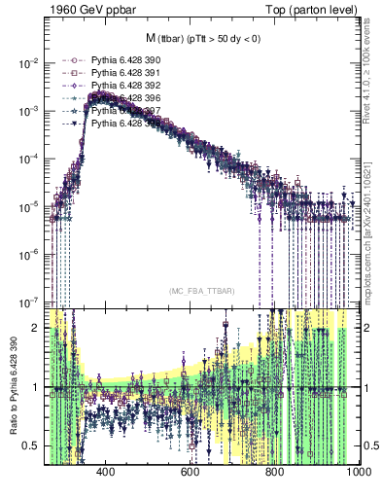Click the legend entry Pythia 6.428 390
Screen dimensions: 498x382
121,59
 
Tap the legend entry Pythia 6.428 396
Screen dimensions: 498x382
121,98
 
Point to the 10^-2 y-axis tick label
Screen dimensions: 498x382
30,63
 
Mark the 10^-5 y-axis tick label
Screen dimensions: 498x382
30,206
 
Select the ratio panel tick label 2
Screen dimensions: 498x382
36,328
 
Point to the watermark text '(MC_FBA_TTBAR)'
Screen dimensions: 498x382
200,292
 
